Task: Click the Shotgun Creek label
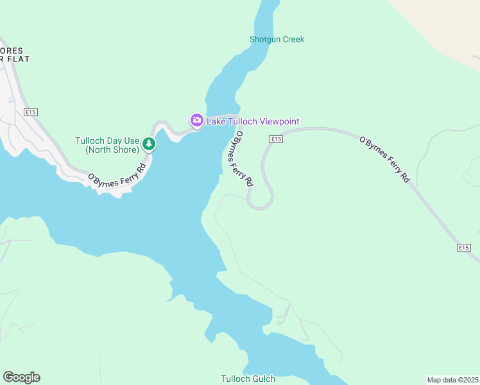point(277,39)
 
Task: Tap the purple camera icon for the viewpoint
point(196,120)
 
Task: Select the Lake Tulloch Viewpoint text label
point(252,121)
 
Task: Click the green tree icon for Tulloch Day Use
point(149,144)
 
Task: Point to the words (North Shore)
point(112,150)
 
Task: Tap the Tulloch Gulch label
point(248,379)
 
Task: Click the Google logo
point(21,377)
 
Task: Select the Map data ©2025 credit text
point(452,379)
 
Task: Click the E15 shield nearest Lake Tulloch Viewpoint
point(276,139)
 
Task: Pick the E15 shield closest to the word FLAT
point(30,112)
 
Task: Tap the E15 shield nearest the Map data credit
point(465,247)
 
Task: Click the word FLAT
point(19,58)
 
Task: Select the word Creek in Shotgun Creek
point(293,39)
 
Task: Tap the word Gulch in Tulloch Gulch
point(263,379)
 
